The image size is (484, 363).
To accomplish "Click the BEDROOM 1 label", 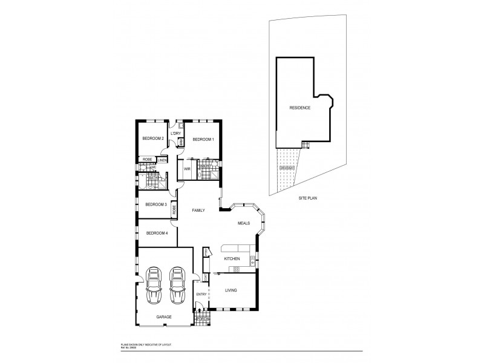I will pos(203,140).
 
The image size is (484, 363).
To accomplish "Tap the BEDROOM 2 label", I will pos(153,139).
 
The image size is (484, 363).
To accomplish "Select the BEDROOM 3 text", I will pos(155,204).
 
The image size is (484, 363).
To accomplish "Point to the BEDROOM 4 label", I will pos(156,233).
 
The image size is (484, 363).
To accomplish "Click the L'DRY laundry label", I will pos(176,133).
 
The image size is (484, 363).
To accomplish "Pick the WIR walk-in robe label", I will pos(188,169).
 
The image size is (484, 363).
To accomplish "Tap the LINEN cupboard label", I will pos(162,160).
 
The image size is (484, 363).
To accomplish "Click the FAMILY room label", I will pos(198,211).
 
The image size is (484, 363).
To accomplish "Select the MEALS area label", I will pos(244,223).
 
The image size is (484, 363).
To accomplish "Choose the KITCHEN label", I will pos(232,259).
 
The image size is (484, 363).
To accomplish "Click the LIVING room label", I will pos(230,291).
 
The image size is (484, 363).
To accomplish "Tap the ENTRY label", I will pos(201,295).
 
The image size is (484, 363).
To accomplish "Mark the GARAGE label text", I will pos(164,316).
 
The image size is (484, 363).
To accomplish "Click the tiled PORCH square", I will pos(202,319).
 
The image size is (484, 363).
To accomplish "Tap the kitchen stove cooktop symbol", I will pos(229,269).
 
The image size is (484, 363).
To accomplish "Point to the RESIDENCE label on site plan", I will pos(299,108).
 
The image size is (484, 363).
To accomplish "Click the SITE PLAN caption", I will pos(308,197).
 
